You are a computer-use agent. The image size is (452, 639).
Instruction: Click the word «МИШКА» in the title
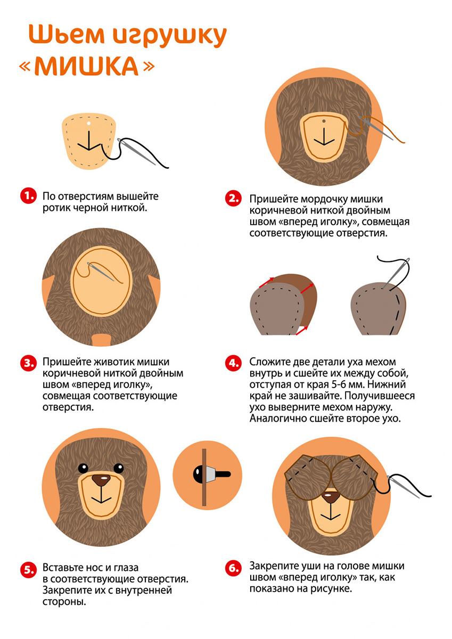point(87,66)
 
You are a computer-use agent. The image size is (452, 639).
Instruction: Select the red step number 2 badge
point(233,198)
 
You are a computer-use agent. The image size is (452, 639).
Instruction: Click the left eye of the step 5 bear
point(83,468)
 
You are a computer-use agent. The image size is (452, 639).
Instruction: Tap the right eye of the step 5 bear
point(119,468)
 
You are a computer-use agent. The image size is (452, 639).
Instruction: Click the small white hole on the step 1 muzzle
point(89,123)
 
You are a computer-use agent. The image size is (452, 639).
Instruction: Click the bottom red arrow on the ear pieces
point(302,331)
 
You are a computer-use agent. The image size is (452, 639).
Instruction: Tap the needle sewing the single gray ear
point(396,273)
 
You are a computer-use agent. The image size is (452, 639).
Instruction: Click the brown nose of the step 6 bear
point(330,498)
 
